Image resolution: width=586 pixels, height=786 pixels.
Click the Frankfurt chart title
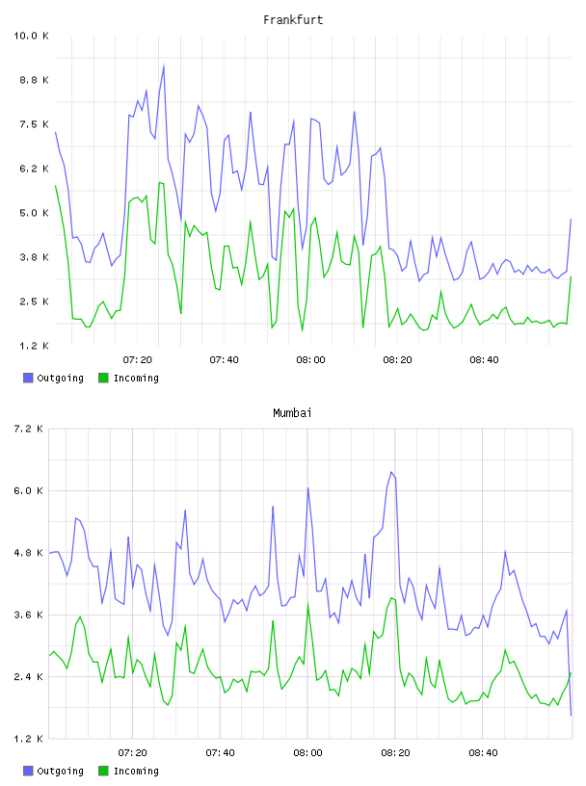pyautogui.click(x=293, y=20)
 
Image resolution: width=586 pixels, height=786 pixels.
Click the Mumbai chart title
pyautogui.click(x=292, y=413)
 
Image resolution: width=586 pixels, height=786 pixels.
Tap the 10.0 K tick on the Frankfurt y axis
pyautogui.click(x=31, y=36)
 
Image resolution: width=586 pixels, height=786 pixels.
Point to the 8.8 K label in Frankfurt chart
pyautogui.click(x=34, y=80)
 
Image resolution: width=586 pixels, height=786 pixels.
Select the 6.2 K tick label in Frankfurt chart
pyautogui.click(x=34, y=169)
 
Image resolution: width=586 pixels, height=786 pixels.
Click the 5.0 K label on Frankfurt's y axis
pyautogui.click(x=34, y=213)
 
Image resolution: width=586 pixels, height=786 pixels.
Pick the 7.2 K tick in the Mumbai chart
pyautogui.click(x=29, y=429)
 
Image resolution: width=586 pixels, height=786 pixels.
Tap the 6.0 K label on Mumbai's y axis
pyautogui.click(x=29, y=490)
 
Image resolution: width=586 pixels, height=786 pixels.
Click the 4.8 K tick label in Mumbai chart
pyautogui.click(x=29, y=553)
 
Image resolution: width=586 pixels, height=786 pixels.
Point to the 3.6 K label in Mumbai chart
pyautogui.click(x=29, y=615)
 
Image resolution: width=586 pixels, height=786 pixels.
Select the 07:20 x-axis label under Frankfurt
pyautogui.click(x=138, y=360)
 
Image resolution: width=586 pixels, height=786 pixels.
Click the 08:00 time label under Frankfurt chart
pyautogui.click(x=310, y=360)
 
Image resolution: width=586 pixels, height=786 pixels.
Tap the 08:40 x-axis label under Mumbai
pyautogui.click(x=484, y=753)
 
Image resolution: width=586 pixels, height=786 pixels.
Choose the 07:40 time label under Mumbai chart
pyautogui.click(x=221, y=753)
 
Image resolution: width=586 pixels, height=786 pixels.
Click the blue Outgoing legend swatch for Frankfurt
pyautogui.click(x=28, y=378)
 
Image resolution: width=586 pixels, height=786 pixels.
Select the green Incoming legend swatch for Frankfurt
pyautogui.click(x=103, y=378)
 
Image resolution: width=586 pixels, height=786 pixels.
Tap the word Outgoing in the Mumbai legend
pyautogui.click(x=60, y=771)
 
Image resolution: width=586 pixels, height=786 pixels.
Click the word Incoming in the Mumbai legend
pyautogui.click(x=136, y=771)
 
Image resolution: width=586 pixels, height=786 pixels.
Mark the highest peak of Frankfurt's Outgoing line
pyautogui.click(x=164, y=65)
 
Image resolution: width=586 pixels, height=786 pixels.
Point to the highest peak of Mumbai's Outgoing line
pyautogui.click(x=391, y=472)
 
